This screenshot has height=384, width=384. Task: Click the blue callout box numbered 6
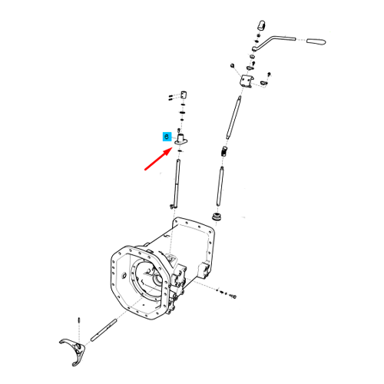(167, 137)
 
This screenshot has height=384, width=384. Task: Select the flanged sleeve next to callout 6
(180, 140)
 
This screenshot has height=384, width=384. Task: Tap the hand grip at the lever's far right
(316, 41)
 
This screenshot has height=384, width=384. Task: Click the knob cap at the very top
(261, 25)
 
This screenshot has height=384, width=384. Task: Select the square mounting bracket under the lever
(247, 81)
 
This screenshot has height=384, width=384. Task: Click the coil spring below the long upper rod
(224, 151)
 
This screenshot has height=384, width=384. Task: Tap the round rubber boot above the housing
(217, 217)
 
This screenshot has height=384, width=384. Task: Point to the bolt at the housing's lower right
(233, 296)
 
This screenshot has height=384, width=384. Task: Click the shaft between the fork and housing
(104, 330)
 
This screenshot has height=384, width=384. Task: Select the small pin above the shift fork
(79, 320)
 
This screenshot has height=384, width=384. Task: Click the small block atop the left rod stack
(184, 94)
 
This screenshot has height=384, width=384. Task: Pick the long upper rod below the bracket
(233, 118)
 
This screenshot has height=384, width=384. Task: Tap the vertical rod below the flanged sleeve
(177, 183)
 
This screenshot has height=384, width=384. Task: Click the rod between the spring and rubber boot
(220, 186)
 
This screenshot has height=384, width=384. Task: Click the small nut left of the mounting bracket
(233, 65)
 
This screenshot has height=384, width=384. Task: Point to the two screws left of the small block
(171, 98)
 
